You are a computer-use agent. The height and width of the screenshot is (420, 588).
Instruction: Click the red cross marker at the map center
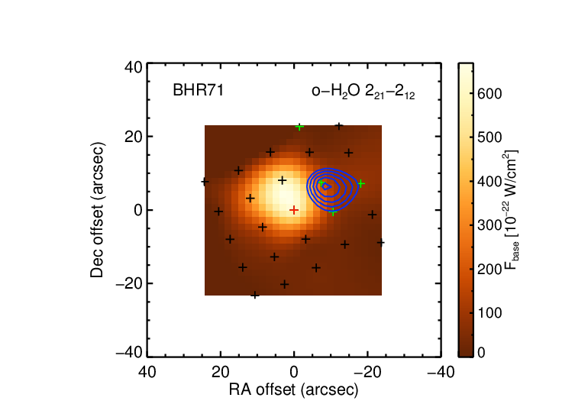294,210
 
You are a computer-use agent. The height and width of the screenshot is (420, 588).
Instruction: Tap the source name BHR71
198,90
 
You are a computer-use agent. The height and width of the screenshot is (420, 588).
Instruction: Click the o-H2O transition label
363,92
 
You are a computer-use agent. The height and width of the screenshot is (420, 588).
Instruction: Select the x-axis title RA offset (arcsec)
294,389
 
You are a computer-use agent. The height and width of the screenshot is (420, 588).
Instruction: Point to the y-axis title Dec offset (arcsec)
97,210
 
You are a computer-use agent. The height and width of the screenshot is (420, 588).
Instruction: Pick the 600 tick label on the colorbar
489,93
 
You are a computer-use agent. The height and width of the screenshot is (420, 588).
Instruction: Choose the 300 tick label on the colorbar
489,225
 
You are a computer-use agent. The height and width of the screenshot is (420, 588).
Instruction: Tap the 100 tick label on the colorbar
489,313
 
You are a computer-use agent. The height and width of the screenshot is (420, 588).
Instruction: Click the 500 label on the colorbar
489,137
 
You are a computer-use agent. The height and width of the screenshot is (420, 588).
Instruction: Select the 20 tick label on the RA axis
221,373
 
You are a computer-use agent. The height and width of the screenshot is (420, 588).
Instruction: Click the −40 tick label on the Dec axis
129,352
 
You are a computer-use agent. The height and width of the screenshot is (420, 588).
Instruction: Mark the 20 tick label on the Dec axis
134,137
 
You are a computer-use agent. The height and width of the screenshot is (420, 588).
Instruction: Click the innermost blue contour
327,186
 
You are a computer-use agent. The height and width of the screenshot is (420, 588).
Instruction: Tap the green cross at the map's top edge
299,127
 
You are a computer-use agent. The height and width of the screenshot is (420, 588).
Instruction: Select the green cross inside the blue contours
321,183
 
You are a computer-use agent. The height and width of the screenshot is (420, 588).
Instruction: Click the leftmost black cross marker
205,182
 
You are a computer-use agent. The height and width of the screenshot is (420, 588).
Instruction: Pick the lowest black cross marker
255,295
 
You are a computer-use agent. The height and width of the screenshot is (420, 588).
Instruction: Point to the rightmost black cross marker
380,243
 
